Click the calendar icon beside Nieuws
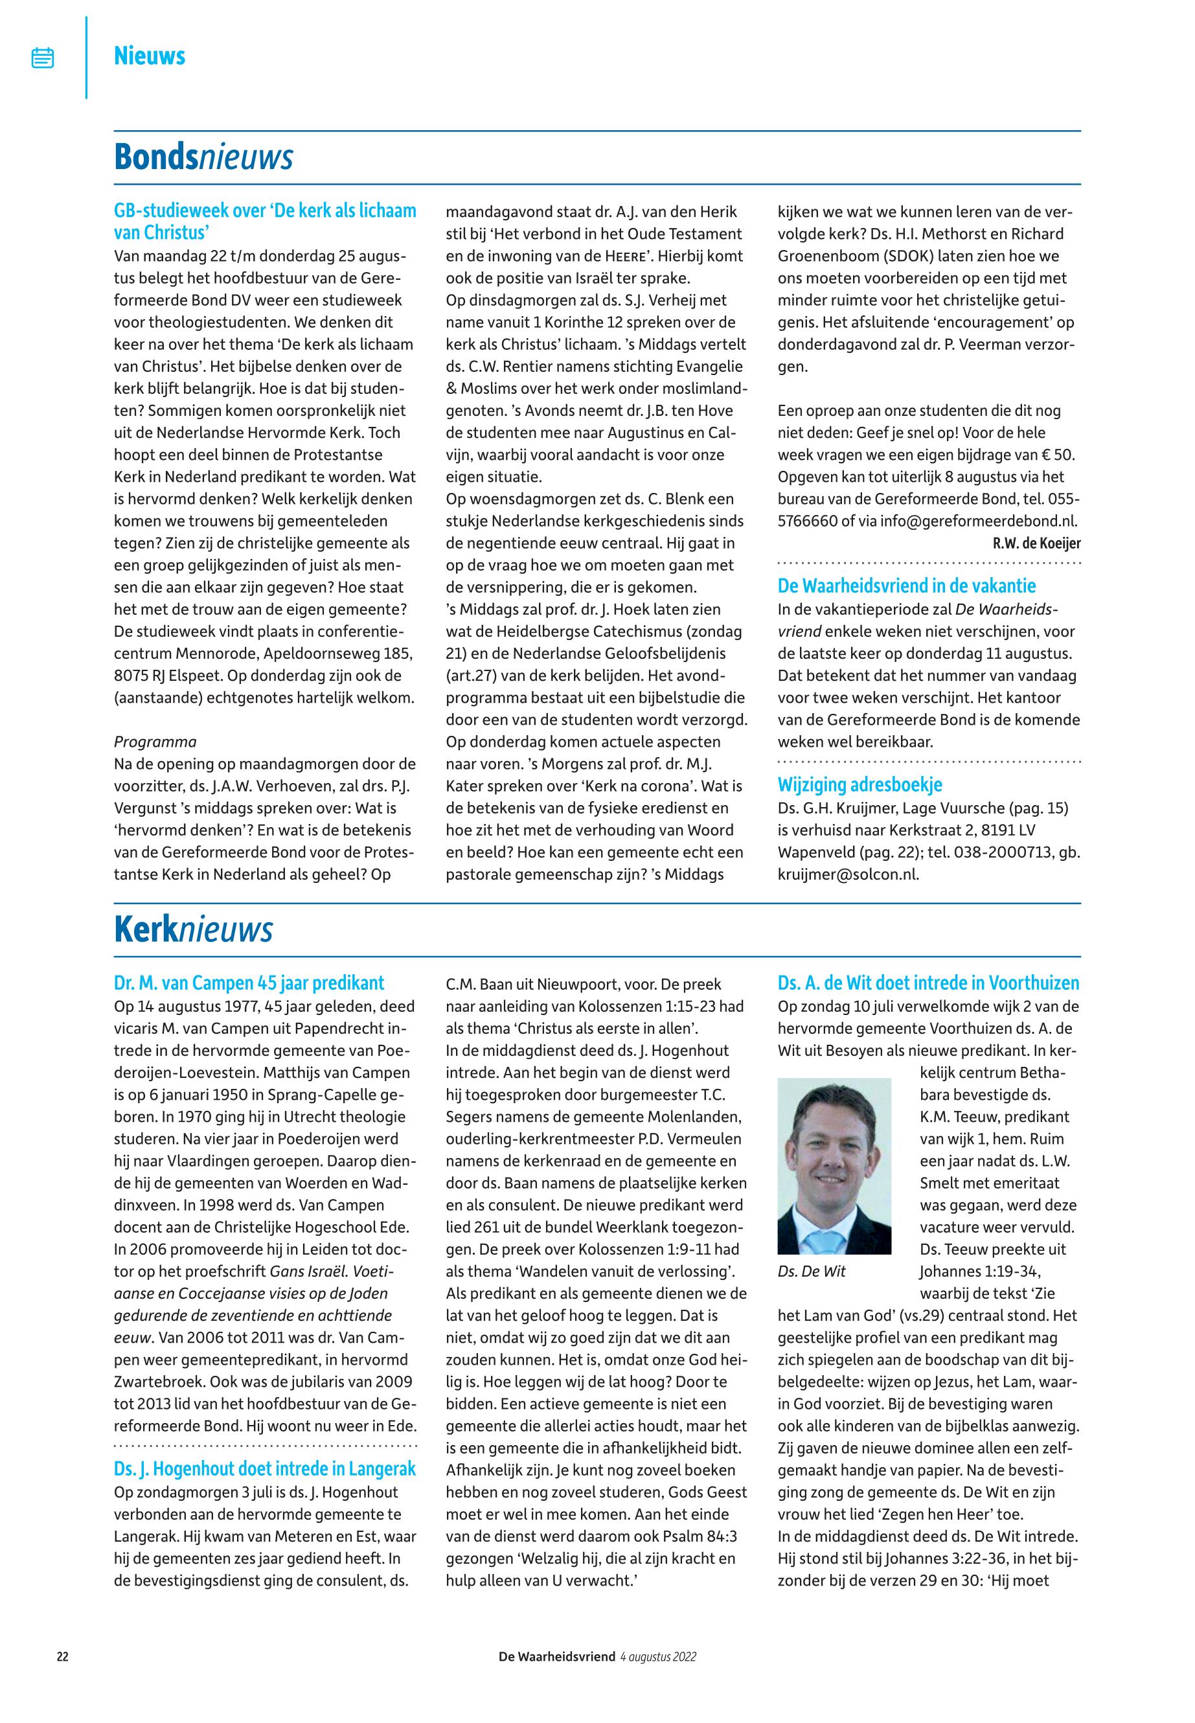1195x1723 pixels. click(x=43, y=58)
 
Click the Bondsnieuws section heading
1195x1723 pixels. click(x=203, y=157)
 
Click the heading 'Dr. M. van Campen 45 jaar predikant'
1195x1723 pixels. click(x=249, y=983)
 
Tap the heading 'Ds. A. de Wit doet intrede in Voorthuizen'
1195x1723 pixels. click(x=928, y=983)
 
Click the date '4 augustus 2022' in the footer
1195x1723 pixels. click(x=658, y=1657)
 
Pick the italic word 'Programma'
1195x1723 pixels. click(x=155, y=742)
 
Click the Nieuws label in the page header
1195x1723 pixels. click(x=150, y=56)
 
